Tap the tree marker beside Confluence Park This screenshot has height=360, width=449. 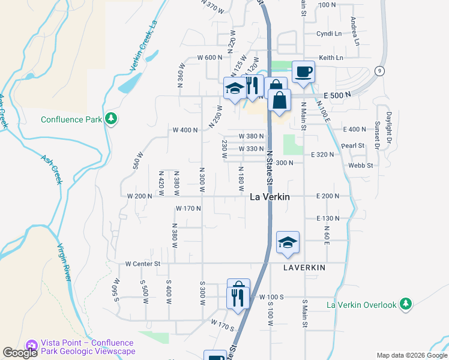point(110,119)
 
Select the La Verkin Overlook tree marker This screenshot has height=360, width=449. point(406,304)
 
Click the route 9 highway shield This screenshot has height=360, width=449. point(379,71)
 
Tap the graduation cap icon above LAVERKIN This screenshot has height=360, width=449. point(288,243)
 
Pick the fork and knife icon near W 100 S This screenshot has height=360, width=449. point(238,298)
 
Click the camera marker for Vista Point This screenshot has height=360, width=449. point(31,343)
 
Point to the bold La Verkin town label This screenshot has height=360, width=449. point(270,197)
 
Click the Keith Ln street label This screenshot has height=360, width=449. point(331,58)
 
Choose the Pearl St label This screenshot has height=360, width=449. point(353,146)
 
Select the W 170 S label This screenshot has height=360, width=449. point(222,325)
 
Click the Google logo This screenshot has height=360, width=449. point(19,353)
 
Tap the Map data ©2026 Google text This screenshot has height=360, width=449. point(411,355)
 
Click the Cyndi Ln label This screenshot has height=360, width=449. point(329,34)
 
